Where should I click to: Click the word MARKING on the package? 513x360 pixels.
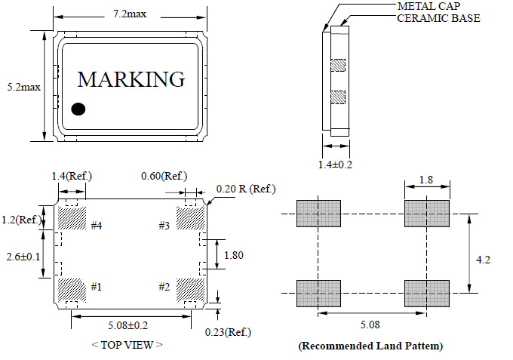pos(131,79)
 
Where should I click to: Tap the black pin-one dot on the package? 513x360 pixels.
pos(78,109)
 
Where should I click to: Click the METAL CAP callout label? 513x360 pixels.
pos(429,7)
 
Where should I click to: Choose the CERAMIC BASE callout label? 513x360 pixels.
pos(438,18)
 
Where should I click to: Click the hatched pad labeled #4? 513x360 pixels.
pos(72,218)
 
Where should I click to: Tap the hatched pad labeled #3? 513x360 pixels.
pos(189,219)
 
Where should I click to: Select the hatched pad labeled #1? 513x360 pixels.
pos(72,289)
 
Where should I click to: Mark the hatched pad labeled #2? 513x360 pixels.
pos(189,289)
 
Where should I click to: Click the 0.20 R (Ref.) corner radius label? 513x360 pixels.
pos(246,189)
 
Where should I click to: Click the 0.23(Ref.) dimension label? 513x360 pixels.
pos(229,332)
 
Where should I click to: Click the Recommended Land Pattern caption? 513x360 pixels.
pos(370,346)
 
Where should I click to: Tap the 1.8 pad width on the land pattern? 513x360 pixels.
pos(426,180)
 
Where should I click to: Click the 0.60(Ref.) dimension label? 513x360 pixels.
pos(164,177)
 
